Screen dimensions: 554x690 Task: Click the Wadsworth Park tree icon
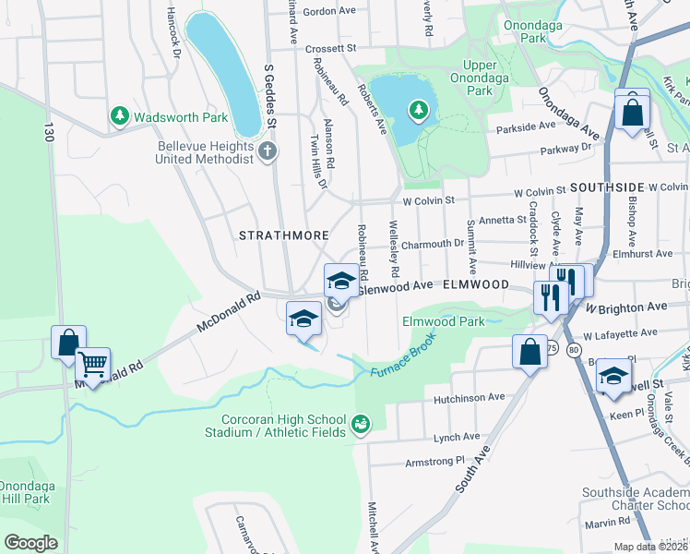pyautogui.click(x=119, y=116)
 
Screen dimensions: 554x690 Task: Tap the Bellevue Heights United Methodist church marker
pyautogui.click(x=268, y=151)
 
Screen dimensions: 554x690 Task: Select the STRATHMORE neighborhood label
pyautogui.click(x=278, y=235)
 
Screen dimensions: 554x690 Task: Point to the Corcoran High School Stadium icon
pyautogui.click(x=361, y=426)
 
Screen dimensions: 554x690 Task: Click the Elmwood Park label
pyautogui.click(x=444, y=321)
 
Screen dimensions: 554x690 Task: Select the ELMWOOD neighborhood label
pyautogui.click(x=477, y=285)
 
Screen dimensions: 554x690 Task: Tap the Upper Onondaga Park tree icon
pyautogui.click(x=419, y=112)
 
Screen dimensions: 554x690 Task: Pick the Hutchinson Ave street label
pyautogui.click(x=470, y=397)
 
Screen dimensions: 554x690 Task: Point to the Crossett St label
pyautogui.click(x=331, y=47)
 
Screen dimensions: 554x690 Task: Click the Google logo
pyautogui.click(x=31, y=543)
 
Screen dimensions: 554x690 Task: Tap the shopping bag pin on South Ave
pyautogui.click(x=529, y=352)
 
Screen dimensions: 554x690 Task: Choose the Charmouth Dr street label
pyautogui.click(x=432, y=244)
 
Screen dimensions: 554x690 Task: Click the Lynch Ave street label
pyautogui.click(x=458, y=437)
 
